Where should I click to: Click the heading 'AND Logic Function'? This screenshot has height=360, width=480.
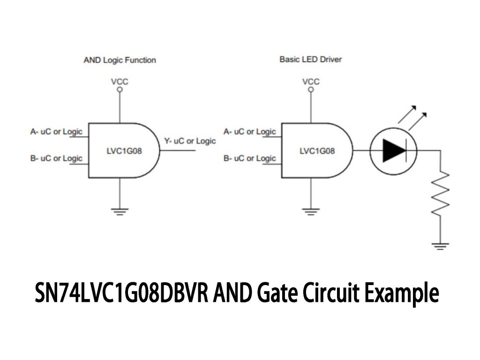(120, 60)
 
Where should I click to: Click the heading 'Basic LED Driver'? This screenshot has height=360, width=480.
(310, 60)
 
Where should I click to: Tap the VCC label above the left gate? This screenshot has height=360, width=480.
(120, 82)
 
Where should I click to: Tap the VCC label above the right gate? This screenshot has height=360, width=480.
(311, 82)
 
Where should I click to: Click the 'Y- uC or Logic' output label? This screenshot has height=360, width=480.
(190, 141)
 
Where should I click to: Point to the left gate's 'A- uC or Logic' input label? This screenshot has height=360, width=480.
(56, 132)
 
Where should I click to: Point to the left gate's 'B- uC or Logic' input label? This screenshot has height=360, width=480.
(56, 158)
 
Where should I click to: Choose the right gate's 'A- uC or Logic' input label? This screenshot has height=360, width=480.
(249, 132)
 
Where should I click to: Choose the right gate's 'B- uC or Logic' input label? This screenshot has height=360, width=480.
(249, 158)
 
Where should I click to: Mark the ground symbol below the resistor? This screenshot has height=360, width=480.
(440, 246)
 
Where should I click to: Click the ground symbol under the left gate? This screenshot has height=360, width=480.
(120, 211)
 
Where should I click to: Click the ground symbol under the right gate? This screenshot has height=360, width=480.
(311, 211)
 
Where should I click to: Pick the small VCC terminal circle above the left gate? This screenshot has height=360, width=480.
(120, 89)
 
